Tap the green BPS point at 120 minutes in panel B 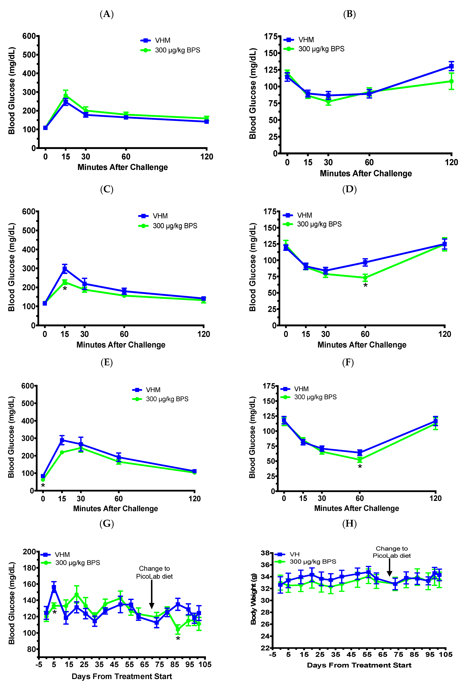coord(451,81)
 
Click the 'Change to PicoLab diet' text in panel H coord(391,552)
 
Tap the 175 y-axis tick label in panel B coord(271,37)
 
